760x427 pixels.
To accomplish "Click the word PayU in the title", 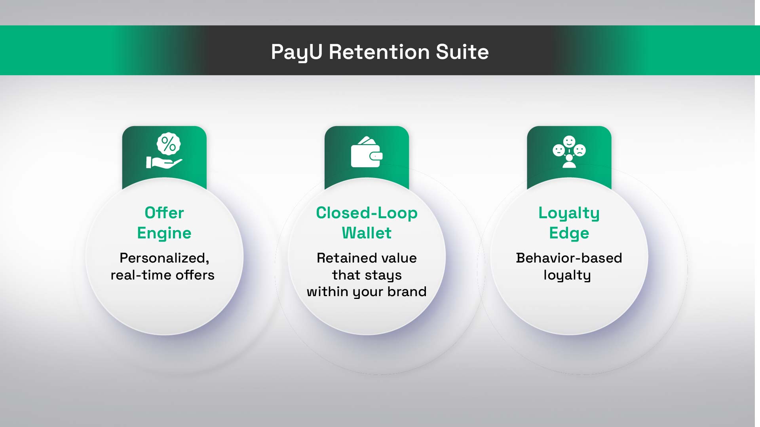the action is click(296, 53).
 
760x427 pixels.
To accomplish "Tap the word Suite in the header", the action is click(462, 52).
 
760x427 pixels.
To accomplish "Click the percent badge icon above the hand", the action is click(169, 144).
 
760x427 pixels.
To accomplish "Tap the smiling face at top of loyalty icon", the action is click(569, 142).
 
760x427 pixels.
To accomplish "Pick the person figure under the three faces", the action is click(569, 161).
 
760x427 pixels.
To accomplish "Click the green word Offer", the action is click(164, 213).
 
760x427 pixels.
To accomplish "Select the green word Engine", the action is click(164, 233).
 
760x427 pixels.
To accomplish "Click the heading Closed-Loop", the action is click(367, 213).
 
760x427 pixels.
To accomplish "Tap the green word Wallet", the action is click(367, 233).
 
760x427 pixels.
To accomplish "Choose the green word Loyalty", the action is click(569, 213).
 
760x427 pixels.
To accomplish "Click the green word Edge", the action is click(569, 233).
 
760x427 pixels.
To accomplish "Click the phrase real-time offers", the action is click(162, 275).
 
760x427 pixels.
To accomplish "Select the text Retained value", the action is click(367, 258).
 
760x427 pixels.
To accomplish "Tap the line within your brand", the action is click(367, 292).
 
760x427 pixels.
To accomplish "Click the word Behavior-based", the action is click(569, 258).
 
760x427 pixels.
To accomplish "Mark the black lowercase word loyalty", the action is click(567, 275).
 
